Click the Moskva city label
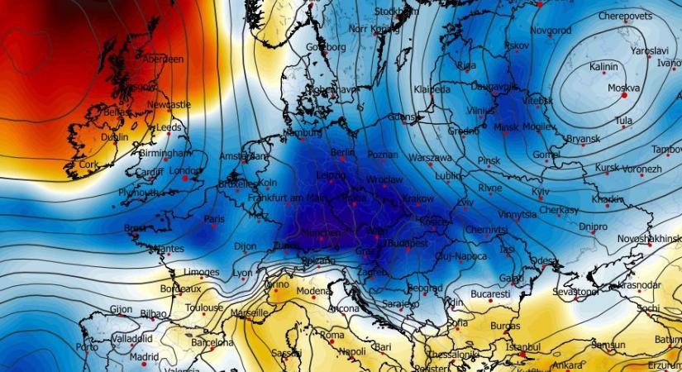pos(623,88)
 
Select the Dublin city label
pos(114,137)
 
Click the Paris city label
pos(215,219)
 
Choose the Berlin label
pos(342,153)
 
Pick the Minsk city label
pos(505,127)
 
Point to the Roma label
pos(331,335)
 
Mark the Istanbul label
pos(522,347)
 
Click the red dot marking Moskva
pos(624,96)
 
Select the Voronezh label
pos(641,169)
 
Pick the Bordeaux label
pos(181,289)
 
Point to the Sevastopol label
pos(575,292)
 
